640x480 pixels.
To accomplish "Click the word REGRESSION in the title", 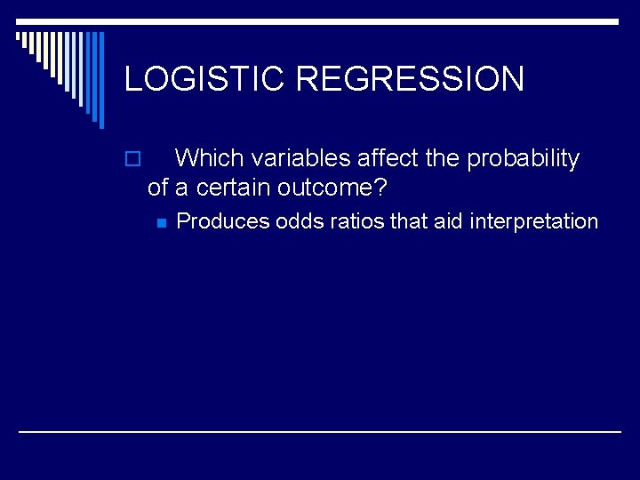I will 410,79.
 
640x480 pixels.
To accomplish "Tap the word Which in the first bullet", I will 209,159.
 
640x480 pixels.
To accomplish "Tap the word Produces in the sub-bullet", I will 223,221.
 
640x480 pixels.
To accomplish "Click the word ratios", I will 356,221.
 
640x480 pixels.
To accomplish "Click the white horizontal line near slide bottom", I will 320,431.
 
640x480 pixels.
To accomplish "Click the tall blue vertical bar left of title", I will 100,80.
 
